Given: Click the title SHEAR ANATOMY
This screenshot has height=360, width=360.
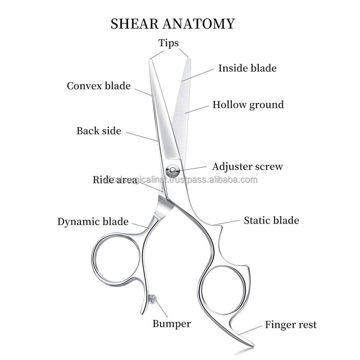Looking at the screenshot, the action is (173, 24).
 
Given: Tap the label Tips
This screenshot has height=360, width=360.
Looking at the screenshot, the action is (168, 43).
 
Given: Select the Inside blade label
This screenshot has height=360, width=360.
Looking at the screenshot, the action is (247, 68).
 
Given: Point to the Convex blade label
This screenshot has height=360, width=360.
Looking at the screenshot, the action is (99, 86).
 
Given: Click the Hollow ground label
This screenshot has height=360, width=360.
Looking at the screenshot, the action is (248, 105).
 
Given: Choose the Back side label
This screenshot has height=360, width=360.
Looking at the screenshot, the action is (99, 131).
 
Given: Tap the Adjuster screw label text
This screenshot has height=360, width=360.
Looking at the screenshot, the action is (247, 166).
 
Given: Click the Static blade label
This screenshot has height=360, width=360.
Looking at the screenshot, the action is (271, 220).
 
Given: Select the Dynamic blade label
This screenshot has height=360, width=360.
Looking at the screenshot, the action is (93, 222).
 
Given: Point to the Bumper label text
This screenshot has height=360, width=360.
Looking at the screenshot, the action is (172, 323).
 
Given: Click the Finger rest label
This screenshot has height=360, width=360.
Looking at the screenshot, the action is (291, 324).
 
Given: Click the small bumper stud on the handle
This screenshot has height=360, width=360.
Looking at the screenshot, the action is (152, 299).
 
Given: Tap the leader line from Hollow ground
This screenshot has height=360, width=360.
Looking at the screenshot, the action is (197, 109).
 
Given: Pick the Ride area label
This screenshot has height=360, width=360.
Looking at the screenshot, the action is (114, 180).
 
